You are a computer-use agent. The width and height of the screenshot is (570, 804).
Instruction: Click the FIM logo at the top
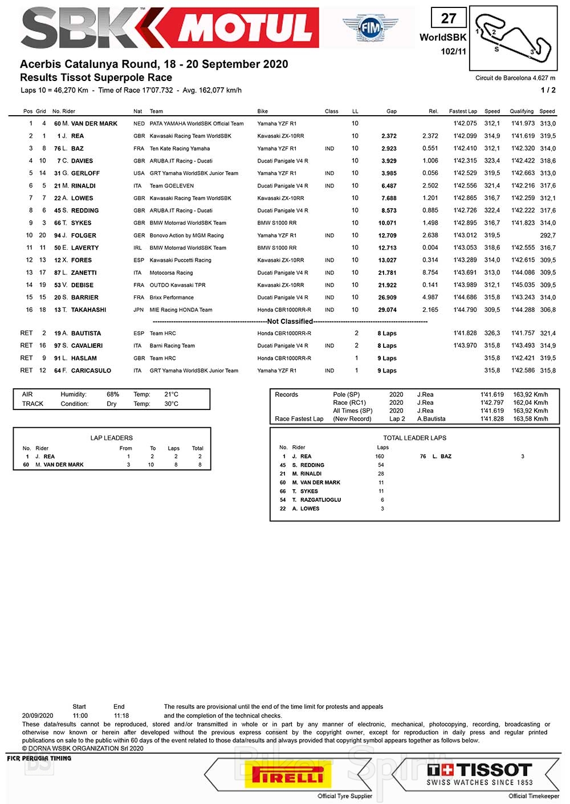pos(370,26)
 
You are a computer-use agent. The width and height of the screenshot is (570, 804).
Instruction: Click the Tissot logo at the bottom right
pos(479,774)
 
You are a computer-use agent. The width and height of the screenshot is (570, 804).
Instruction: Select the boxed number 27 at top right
pos(449,18)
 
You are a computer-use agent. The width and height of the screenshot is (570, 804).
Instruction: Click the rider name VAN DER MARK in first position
pos(94,124)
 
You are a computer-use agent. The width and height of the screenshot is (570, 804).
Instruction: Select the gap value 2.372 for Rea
pos(389,136)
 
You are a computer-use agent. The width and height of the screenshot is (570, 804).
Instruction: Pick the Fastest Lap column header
pos(463,111)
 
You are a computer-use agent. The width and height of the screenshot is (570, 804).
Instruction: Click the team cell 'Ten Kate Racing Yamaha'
pos(180,149)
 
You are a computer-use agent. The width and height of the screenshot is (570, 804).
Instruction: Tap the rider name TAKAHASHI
pos(88,310)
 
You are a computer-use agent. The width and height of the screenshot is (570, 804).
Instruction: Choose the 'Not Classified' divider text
pos(290,322)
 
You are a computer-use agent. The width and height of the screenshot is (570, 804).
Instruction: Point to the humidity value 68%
pos(113,395)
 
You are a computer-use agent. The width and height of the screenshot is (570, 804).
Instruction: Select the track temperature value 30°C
pos(171,404)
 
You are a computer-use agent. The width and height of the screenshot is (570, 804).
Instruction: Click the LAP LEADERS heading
pos(111,438)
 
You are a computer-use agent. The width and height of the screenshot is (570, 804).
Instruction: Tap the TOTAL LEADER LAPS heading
pos(414,438)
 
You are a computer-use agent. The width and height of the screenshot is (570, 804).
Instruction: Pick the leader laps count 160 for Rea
pos(380,457)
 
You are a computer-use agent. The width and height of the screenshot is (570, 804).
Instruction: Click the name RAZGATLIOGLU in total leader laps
pos(320,500)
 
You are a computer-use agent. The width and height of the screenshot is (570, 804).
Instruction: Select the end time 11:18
pos(121,716)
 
